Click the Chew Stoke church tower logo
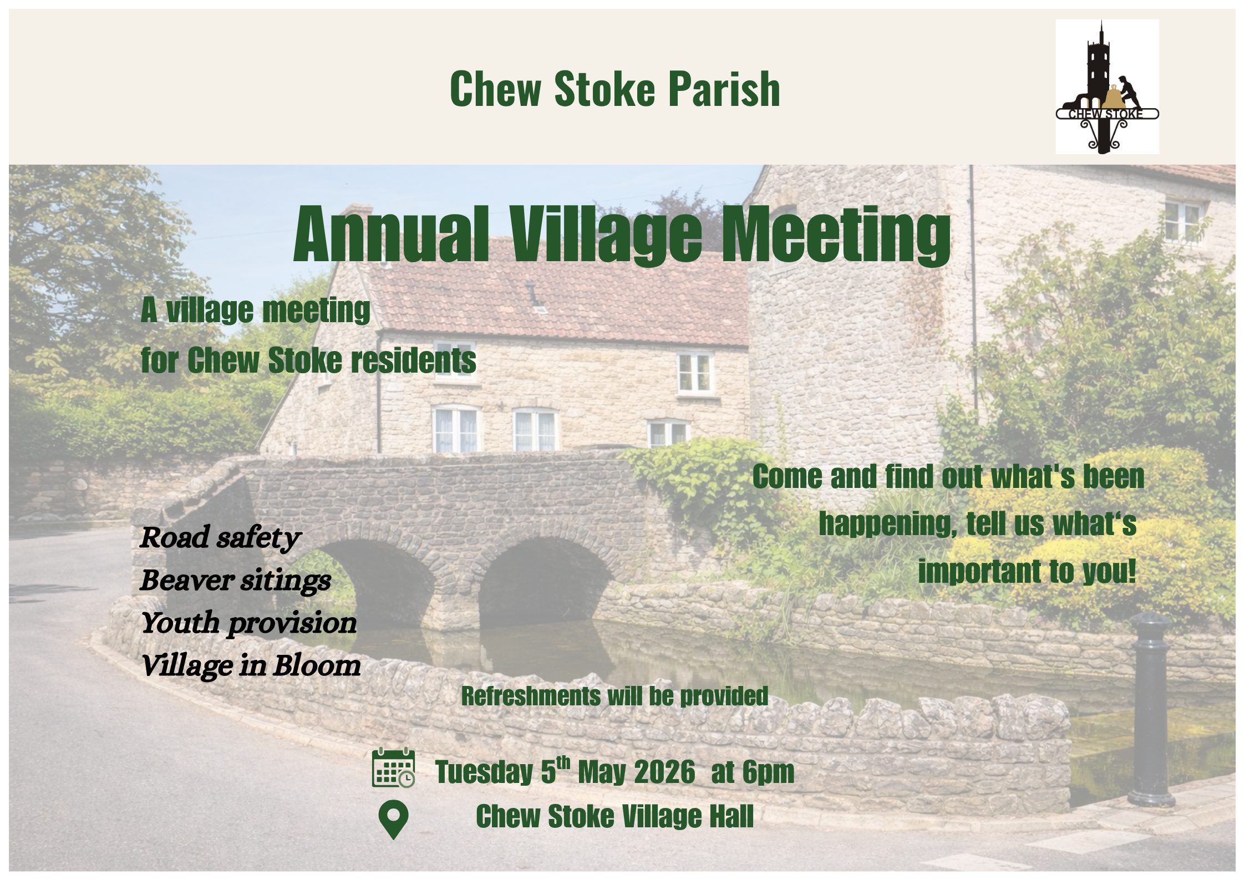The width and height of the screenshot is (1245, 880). point(1107,87)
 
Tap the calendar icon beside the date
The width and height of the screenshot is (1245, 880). point(393,768)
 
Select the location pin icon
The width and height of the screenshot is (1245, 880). point(393,820)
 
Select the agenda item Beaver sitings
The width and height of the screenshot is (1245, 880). point(235,581)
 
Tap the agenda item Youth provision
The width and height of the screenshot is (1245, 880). point(248,623)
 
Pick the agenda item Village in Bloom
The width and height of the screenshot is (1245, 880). point(251,665)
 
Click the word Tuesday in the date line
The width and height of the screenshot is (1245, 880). point(484,772)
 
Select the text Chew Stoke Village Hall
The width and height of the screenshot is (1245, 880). point(614,816)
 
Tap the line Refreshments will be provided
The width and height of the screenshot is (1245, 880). point(614,696)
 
